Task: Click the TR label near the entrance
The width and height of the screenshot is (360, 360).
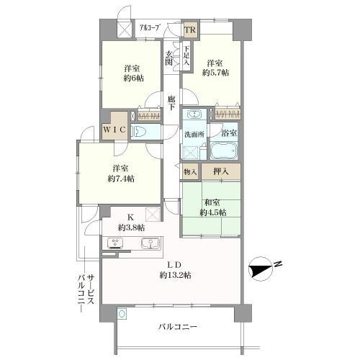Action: click(191, 30)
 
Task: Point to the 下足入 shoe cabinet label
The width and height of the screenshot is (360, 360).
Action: click(186, 55)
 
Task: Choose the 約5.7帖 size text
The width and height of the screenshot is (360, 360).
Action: click(215, 73)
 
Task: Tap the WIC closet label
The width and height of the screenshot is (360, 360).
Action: click(114, 130)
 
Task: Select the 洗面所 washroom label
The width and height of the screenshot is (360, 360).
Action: click(192, 134)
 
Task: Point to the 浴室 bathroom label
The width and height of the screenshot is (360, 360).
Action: click(229, 134)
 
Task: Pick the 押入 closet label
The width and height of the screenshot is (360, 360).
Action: click(220, 171)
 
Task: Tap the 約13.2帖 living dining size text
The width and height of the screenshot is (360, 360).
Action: click(175, 275)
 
